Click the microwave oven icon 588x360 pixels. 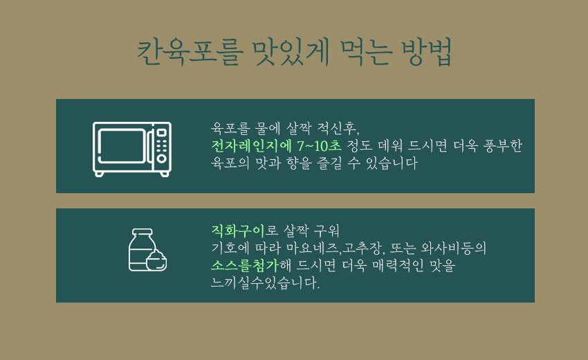132,149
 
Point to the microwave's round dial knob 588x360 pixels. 162,159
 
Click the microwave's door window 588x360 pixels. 122,145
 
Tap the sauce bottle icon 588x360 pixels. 147,250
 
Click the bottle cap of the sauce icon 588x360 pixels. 142,233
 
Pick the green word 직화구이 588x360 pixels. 238,230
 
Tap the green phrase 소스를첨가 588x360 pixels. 245,265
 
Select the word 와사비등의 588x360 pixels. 453,248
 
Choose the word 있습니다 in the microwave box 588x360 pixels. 391,163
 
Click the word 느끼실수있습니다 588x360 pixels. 266,282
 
